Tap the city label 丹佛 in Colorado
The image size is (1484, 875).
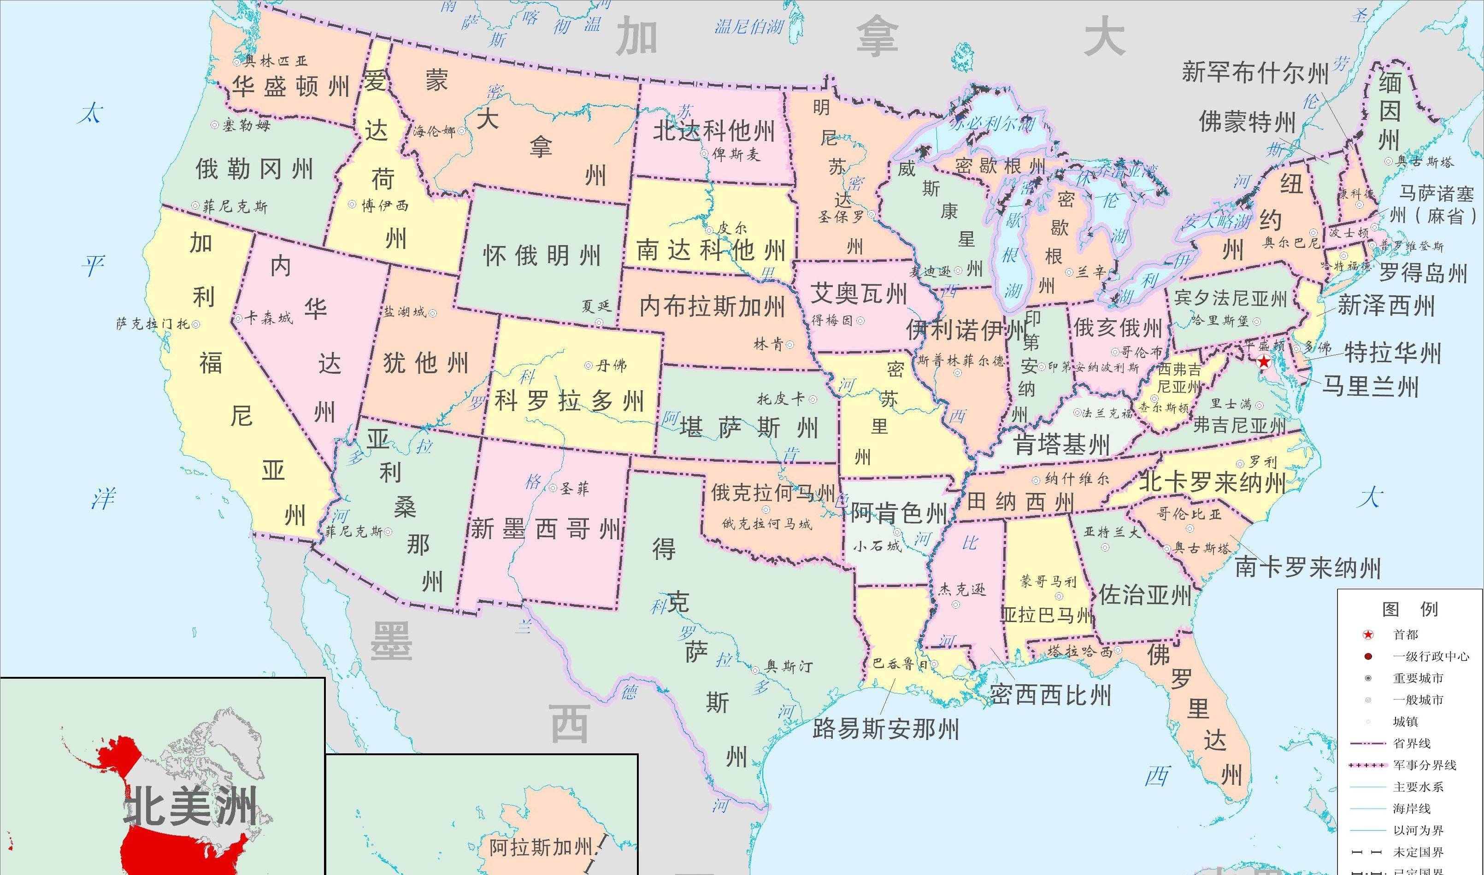pos(612,365)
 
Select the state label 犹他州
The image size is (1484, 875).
pos(426,363)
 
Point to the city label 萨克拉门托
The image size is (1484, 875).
pos(153,324)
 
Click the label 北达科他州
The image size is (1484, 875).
pos(713,131)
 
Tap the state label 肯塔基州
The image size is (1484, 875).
pos(1061,445)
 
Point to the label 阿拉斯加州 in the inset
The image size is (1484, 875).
pos(541,847)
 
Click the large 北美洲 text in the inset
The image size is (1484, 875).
pos(190,807)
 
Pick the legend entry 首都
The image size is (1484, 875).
pos(1406,634)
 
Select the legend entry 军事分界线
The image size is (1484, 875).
pos(1425,765)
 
